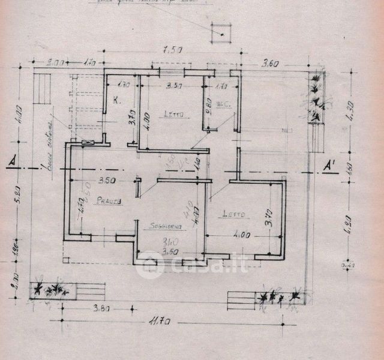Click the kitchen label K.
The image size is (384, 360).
(x=116, y=100)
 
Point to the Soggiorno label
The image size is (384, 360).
(x=158, y=226)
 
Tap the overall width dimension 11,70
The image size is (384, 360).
(x=160, y=322)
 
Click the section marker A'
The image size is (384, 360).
(x=329, y=165)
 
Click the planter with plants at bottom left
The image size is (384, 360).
(x=50, y=290)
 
